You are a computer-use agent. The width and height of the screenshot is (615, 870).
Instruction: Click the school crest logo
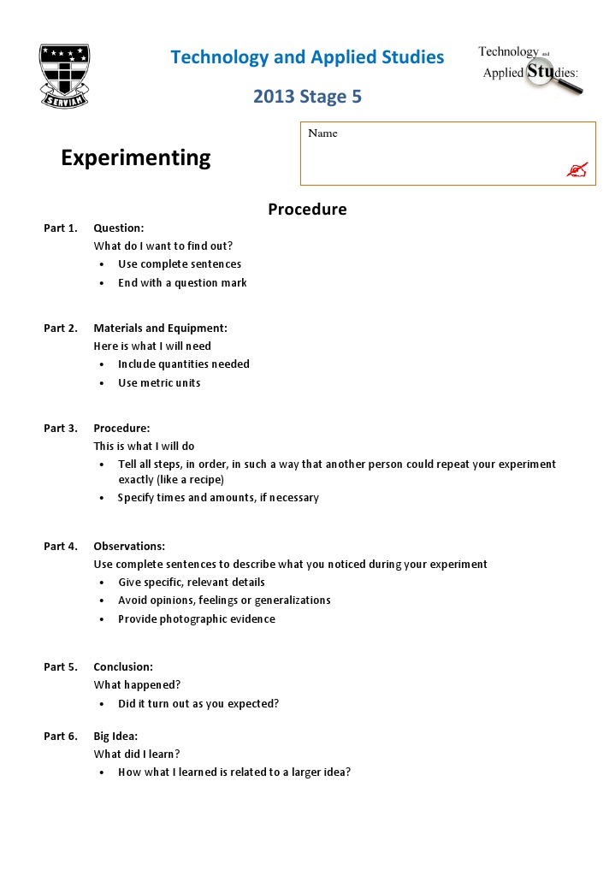click(64, 76)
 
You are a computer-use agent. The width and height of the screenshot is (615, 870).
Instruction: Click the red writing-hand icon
click(577, 170)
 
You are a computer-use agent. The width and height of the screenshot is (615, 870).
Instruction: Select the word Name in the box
click(322, 133)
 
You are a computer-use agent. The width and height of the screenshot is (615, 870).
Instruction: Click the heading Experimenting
click(135, 157)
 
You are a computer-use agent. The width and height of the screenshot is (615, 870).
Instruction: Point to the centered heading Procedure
click(307, 210)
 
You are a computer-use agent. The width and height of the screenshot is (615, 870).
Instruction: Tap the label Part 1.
click(61, 228)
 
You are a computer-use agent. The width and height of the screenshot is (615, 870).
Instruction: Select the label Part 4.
click(61, 547)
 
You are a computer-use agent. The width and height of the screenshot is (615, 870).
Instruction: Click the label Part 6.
click(61, 737)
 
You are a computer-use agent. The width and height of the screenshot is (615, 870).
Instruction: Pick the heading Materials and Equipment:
click(160, 328)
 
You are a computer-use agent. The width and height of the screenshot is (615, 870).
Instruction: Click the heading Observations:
click(129, 547)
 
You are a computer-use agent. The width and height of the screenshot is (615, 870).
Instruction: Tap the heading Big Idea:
click(115, 737)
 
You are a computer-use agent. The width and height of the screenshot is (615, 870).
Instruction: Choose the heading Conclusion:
click(123, 667)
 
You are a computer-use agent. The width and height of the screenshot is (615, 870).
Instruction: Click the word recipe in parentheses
click(203, 480)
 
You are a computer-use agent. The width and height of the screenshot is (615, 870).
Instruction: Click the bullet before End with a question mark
click(102, 283)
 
